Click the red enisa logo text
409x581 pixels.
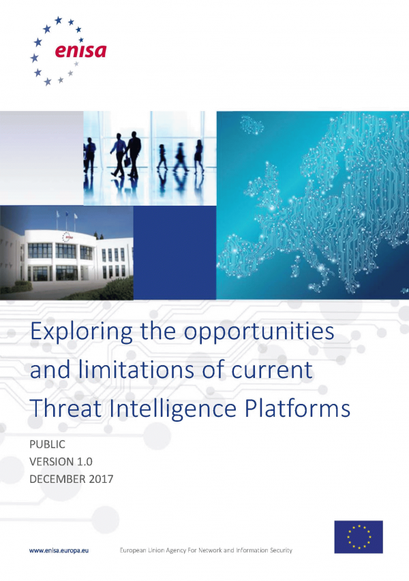80,51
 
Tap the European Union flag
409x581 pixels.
358,537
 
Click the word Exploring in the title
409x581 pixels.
81,332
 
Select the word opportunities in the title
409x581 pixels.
259,332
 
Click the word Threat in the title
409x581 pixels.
65,408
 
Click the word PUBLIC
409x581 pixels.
48,444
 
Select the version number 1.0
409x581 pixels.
85,462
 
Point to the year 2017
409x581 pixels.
101,479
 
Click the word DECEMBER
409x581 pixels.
58,479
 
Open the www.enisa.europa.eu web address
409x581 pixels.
59,550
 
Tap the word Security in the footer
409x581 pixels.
281,550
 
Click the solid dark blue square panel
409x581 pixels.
175,252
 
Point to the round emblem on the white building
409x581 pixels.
67,237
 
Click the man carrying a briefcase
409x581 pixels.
133,155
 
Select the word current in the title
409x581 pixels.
272,370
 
